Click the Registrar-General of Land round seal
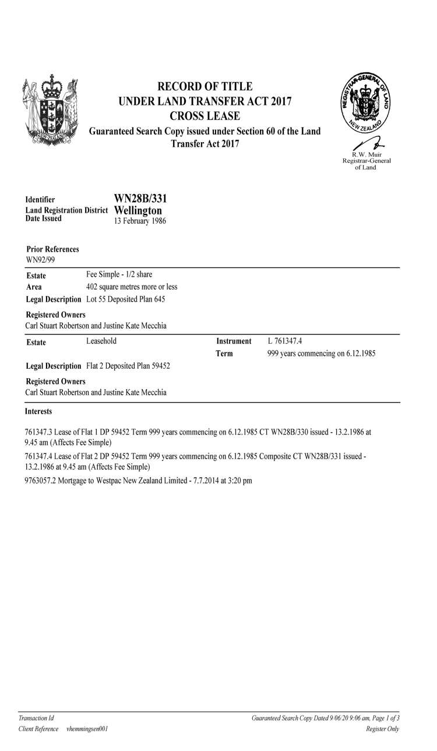click(366, 104)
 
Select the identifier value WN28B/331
click(140, 199)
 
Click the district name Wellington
click(138, 210)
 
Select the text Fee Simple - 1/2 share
click(119, 274)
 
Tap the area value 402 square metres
click(131, 287)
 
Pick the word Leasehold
click(101, 341)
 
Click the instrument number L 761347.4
click(284, 341)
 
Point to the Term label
click(224, 354)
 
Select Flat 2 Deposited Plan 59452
click(128, 366)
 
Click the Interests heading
click(38, 411)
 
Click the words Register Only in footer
click(382, 729)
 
